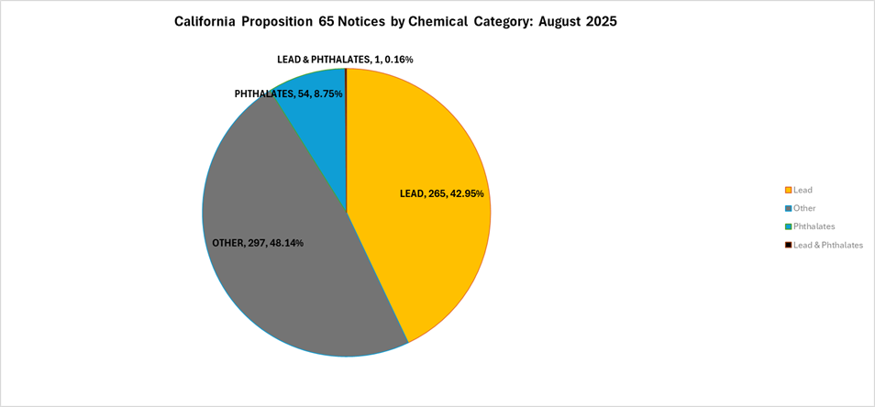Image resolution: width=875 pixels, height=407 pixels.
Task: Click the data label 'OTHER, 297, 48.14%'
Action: pyautogui.click(x=258, y=243)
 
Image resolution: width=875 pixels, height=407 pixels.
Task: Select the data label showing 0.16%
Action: pyautogui.click(x=345, y=60)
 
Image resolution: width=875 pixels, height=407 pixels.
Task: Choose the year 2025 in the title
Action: pyautogui.click(x=598, y=22)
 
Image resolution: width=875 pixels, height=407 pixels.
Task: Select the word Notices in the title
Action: pyautogui.click(x=368, y=22)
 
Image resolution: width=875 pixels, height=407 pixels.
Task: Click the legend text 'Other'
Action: pyautogui.click(x=804, y=208)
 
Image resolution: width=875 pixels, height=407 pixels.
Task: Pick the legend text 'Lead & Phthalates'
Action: pyautogui.click(x=827, y=245)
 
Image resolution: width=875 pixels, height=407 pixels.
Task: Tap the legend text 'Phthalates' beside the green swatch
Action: pyautogui.click(x=814, y=226)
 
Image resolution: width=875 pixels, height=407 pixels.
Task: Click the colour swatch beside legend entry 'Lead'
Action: pyautogui.click(x=787, y=191)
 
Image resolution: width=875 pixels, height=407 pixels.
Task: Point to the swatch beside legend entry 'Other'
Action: pyautogui.click(x=787, y=209)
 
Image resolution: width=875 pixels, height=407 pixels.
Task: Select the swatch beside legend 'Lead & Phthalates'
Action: pyautogui.click(x=787, y=246)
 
